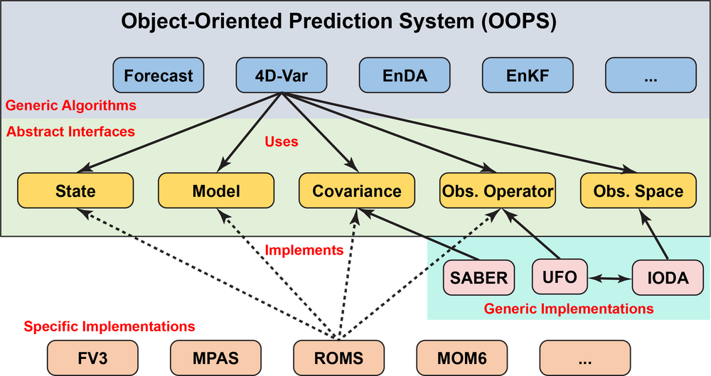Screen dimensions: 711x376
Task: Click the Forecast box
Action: pos(159,75)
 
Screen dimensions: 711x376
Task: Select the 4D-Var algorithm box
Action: pos(282,75)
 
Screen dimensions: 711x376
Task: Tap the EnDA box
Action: pos(405,75)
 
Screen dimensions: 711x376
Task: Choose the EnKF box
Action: pos(528,75)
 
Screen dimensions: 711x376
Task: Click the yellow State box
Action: pos(75,190)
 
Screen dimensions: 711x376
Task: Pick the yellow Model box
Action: pos(216,190)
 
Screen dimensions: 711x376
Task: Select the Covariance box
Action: pos(357,190)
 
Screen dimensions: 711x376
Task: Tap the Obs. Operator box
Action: pos(498,190)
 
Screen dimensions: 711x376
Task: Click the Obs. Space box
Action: pos(638,190)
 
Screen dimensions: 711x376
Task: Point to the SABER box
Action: pos(479,278)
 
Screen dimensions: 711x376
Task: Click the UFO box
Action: pos(560,276)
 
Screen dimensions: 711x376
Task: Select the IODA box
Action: pos(668,278)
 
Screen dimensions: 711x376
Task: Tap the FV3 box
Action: pos(92,358)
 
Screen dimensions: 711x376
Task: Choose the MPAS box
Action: pos(216,358)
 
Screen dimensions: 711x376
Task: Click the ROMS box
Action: pos(338,358)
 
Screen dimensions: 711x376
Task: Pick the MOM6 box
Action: pos(462,358)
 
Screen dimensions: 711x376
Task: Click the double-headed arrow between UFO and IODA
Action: pos(610,279)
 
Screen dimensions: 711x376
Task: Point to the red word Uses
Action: pos(282,141)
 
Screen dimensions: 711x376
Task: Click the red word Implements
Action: pos(304,250)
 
